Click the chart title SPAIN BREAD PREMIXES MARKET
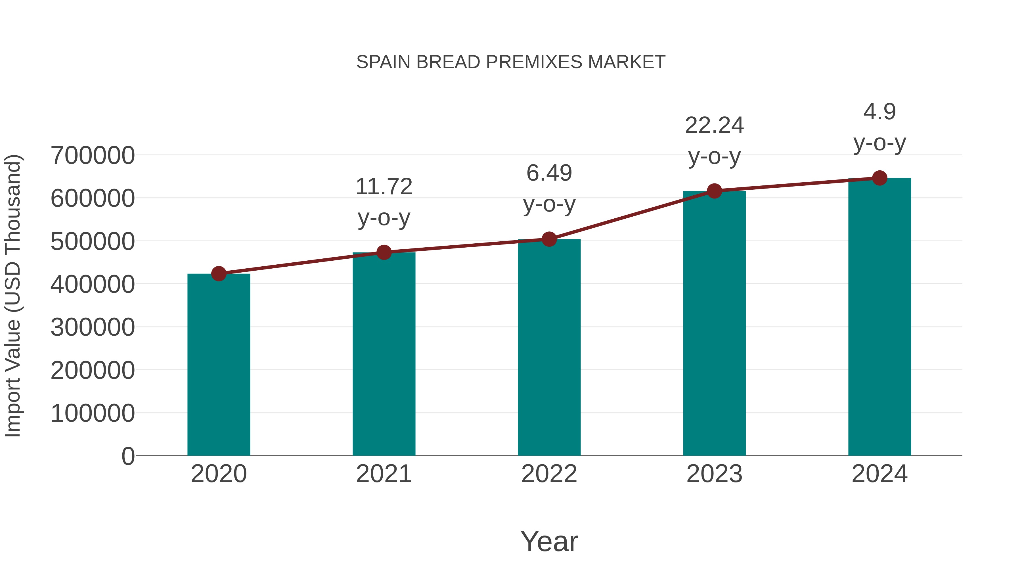tap(511, 62)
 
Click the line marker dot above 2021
tap(384, 252)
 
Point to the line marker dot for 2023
tap(714, 191)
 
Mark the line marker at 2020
tap(219, 274)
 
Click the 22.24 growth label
tap(714, 126)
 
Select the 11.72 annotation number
tap(384, 187)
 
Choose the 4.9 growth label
tap(879, 112)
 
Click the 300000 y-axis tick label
tap(93, 327)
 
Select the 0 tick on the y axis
tap(128, 456)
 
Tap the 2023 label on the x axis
tap(714, 474)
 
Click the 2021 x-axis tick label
tap(384, 474)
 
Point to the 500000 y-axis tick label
tap(93, 241)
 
